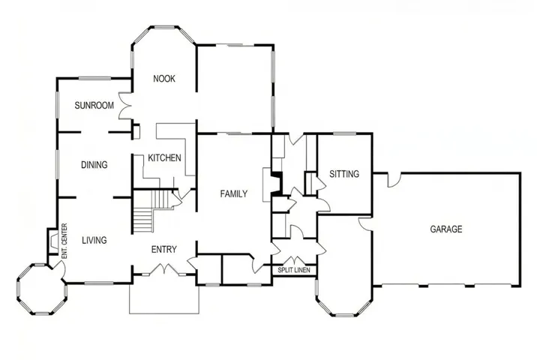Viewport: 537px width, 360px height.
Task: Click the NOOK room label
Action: click(x=164, y=79)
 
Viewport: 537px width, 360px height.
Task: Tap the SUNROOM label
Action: click(x=94, y=106)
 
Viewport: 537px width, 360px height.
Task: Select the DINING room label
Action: click(x=94, y=165)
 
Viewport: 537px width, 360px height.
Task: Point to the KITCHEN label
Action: click(x=163, y=158)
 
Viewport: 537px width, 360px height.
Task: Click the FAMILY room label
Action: click(x=233, y=194)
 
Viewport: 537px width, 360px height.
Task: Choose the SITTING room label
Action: click(x=344, y=174)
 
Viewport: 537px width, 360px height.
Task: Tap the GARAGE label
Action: click(x=445, y=229)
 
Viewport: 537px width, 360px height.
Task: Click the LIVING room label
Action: click(x=94, y=241)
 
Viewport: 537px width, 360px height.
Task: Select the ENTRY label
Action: click(x=163, y=250)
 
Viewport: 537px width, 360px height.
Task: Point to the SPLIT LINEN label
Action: click(x=294, y=269)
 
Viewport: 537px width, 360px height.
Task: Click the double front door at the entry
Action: click(x=163, y=268)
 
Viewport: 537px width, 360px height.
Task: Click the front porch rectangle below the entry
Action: click(x=164, y=298)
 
